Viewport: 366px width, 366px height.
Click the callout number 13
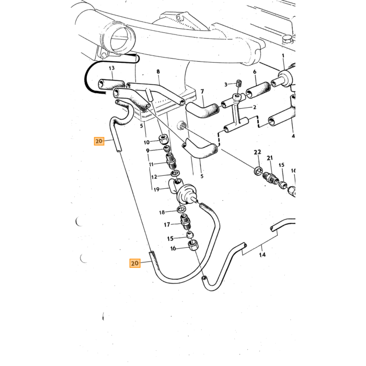coord(112,68)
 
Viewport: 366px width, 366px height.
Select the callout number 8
coord(158,72)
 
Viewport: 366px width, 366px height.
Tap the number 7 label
coord(202,92)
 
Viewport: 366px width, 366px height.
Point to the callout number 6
coord(255,72)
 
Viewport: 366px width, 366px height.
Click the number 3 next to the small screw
coord(226,84)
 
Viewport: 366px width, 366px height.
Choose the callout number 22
coord(257,152)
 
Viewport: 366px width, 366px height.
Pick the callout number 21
coord(270,158)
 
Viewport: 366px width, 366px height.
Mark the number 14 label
coord(262,255)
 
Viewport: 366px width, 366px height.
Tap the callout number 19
coord(156,189)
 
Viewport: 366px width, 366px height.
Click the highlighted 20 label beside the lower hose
coord(135,264)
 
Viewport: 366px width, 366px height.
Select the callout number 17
coord(167,224)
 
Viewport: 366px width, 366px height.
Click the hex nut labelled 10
coord(163,140)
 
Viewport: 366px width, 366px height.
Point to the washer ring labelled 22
coord(258,171)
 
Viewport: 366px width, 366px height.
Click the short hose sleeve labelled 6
coord(259,90)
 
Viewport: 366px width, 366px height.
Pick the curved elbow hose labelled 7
coord(203,110)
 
